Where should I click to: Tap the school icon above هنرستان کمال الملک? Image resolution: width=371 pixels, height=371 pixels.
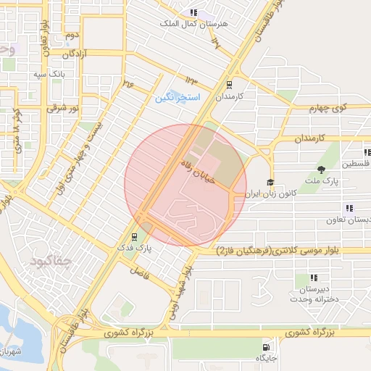[x=193, y=12]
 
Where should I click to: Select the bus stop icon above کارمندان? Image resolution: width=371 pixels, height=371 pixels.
[x=230, y=84]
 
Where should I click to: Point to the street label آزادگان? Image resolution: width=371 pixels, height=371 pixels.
[x=75, y=54]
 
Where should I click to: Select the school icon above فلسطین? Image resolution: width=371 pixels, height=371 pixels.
[x=367, y=152]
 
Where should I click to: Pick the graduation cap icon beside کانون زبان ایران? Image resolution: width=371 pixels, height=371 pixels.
[x=270, y=183]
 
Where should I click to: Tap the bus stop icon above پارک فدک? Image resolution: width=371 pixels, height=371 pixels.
[x=134, y=236]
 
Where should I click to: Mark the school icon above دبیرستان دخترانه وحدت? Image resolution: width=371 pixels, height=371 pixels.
[x=314, y=277]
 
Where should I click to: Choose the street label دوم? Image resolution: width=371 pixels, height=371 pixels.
[x=71, y=35]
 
